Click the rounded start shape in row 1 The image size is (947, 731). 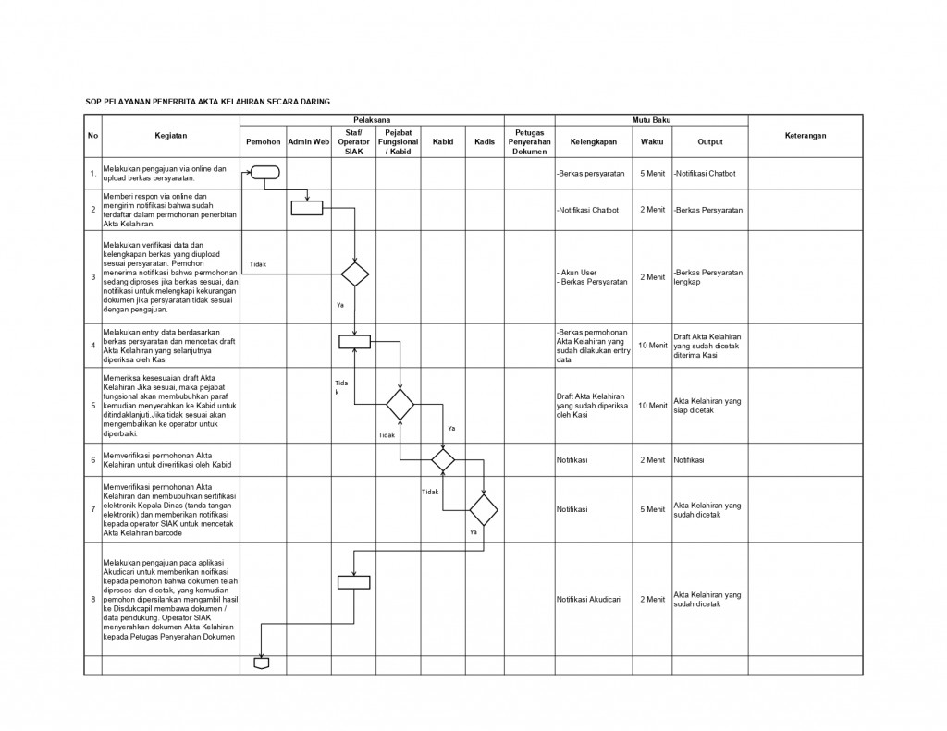click(x=264, y=173)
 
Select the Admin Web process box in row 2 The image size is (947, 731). click(x=307, y=208)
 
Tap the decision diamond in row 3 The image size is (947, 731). click(x=354, y=274)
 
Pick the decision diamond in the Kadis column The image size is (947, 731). click(x=483, y=509)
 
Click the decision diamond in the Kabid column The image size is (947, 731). click(x=443, y=457)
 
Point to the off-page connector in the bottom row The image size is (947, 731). click(x=263, y=663)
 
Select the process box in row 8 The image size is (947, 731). click(x=354, y=582)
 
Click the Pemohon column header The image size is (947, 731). click(x=263, y=141)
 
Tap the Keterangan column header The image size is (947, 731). click(x=805, y=136)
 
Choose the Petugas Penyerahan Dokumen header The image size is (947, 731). click(x=529, y=141)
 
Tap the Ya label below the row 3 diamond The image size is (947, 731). click(x=340, y=304)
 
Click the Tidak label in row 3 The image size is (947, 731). click(x=258, y=264)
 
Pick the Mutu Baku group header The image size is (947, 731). click(x=651, y=120)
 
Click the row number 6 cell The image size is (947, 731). click(x=92, y=459)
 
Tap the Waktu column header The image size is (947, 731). click(x=652, y=141)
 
